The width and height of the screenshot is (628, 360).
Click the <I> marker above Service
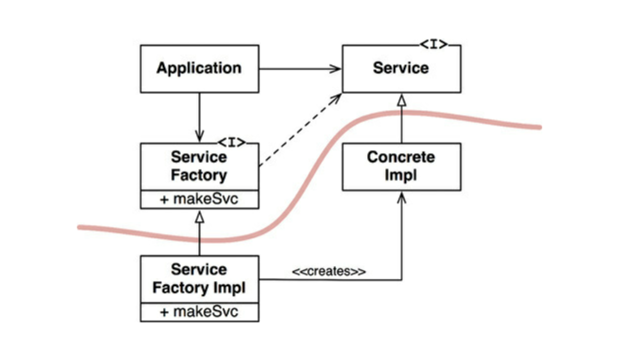pos(433,44)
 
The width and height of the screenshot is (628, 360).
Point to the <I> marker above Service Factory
pos(232,143)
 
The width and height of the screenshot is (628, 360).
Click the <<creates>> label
pos(329,272)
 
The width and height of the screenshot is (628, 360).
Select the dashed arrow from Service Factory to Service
pos(299,131)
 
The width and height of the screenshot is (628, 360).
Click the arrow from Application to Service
pos(299,69)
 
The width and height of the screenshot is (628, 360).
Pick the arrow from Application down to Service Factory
pos(199,116)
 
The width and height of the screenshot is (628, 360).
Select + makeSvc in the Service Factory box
pos(199,200)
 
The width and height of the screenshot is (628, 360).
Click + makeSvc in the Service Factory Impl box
pos(199,312)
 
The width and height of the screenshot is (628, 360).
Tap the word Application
pos(199,68)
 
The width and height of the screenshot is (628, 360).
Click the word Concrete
pos(401,157)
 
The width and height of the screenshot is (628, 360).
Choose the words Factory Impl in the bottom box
pos(199,288)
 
